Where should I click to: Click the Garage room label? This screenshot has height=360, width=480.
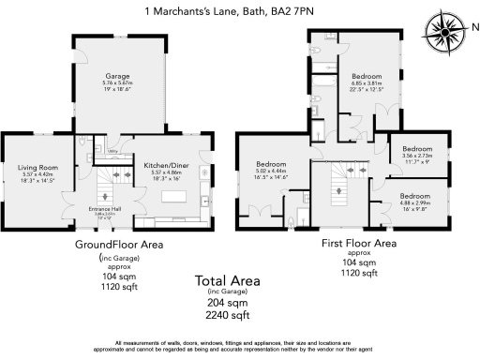point(117,75)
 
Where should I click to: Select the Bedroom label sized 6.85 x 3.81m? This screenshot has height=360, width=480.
point(367,75)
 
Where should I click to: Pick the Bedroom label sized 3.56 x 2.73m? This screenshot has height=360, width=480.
point(418,149)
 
